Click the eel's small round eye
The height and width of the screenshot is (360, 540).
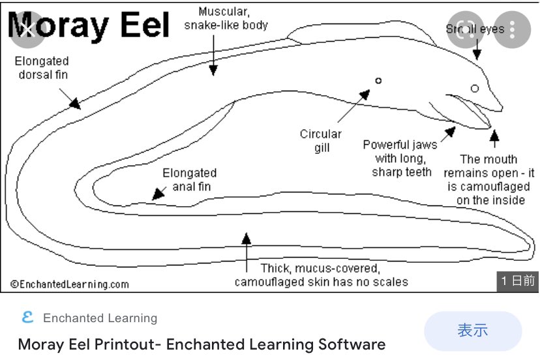click(475, 88)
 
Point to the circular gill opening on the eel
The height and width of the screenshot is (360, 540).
click(378, 81)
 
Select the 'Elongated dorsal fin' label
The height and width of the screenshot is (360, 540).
click(42, 68)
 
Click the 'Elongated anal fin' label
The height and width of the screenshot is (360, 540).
click(189, 181)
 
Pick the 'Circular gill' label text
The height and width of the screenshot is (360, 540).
click(320, 141)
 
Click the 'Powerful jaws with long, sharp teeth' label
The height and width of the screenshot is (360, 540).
click(400, 158)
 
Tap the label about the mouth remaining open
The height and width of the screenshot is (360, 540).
click(489, 179)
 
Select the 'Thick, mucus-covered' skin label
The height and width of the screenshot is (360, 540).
click(321, 275)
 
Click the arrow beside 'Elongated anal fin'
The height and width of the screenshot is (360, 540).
click(157, 194)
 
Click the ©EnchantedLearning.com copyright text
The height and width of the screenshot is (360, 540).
click(70, 284)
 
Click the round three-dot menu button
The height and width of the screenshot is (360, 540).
click(512, 29)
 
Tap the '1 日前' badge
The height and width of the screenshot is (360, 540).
click(518, 280)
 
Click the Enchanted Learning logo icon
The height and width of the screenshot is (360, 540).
click(27, 318)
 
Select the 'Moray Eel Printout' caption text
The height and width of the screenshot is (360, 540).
click(202, 344)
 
